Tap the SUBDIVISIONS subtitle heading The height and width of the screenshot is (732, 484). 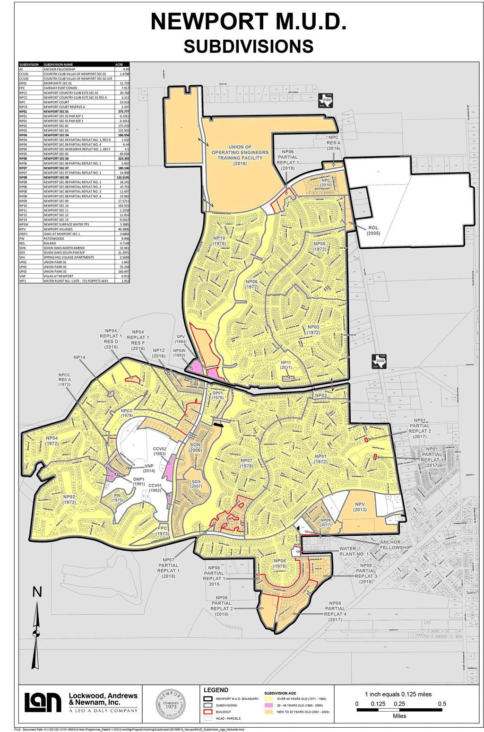click(x=248, y=47)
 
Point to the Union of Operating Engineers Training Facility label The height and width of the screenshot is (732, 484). click(x=240, y=155)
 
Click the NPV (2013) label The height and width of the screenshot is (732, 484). click(x=360, y=507)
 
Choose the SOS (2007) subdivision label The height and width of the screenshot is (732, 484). click(x=196, y=484)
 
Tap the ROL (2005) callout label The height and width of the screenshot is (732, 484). click(x=373, y=230)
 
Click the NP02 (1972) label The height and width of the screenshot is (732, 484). click(x=69, y=499)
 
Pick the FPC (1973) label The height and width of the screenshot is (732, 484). click(x=163, y=531)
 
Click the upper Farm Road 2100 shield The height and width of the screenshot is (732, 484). click(x=326, y=101)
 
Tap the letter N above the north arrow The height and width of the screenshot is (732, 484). click(x=37, y=592)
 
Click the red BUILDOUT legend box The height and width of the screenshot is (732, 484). click(x=208, y=712)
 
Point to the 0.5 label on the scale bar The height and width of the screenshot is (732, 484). click(x=441, y=704)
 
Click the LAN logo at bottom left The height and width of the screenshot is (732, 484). click(x=43, y=702)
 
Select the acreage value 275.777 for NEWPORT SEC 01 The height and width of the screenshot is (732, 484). click(x=123, y=112)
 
